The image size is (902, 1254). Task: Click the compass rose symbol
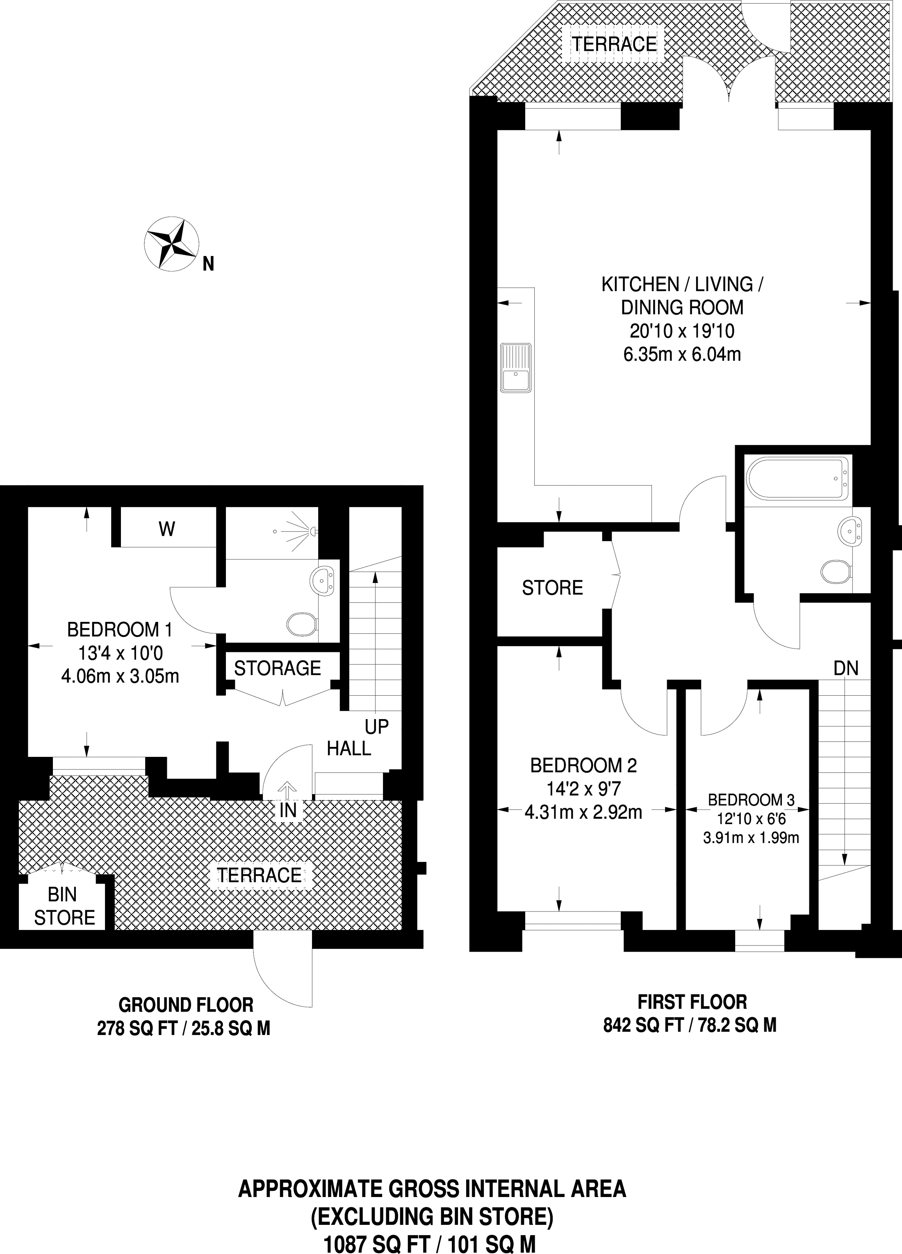[171, 244]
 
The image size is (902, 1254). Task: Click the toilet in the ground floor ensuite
[302, 624]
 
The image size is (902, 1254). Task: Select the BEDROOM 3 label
[751, 800]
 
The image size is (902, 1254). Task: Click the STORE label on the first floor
[552, 587]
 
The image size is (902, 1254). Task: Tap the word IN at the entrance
[288, 811]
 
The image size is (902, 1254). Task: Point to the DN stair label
[845, 669]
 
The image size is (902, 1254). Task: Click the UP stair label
[376, 726]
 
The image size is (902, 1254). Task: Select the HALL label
[349, 749]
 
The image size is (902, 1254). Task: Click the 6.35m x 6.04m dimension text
[682, 354]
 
